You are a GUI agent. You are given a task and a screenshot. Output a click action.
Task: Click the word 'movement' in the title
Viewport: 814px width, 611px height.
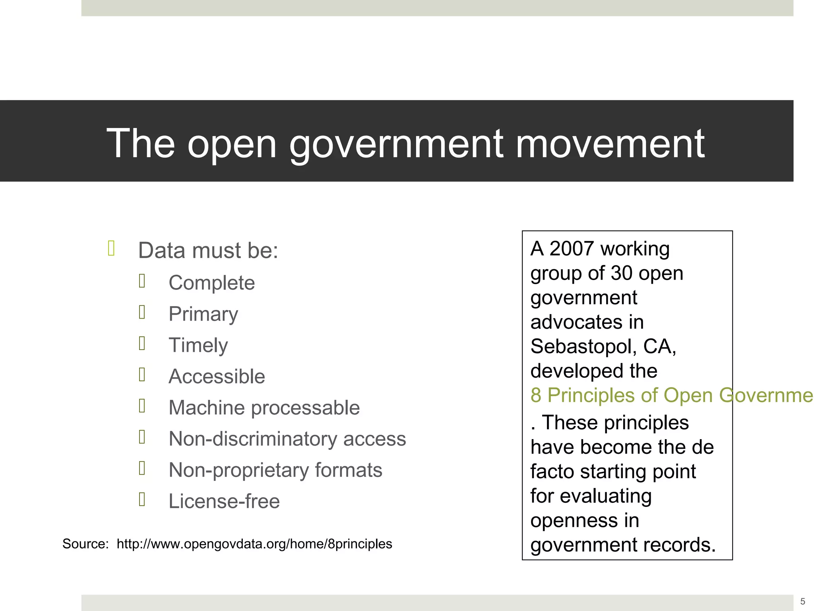point(610,144)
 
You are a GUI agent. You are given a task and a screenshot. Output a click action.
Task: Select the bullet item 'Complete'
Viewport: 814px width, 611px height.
point(211,283)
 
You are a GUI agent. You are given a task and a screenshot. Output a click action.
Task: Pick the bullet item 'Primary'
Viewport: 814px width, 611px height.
point(203,314)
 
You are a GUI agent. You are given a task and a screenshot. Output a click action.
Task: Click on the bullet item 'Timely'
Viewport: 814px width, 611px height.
point(198,345)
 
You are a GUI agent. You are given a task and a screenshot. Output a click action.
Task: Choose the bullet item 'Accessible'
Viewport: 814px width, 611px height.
point(217,376)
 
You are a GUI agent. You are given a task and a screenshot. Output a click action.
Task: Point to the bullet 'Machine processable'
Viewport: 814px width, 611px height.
point(264,408)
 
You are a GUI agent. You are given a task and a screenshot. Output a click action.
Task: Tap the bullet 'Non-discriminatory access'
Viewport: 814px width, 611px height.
point(287,439)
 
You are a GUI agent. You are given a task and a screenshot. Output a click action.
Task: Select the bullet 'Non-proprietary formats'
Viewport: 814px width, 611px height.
point(275,470)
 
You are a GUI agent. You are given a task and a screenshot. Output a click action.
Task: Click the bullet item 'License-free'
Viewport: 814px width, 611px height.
point(224,501)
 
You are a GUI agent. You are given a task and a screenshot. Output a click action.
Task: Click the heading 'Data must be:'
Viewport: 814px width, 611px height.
point(208,251)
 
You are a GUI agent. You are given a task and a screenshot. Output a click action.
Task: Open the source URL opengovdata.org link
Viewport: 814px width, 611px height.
point(254,544)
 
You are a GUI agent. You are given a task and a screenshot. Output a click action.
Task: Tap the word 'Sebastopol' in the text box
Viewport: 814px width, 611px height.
point(580,346)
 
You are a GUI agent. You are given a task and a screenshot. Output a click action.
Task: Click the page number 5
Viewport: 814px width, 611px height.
point(802,601)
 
